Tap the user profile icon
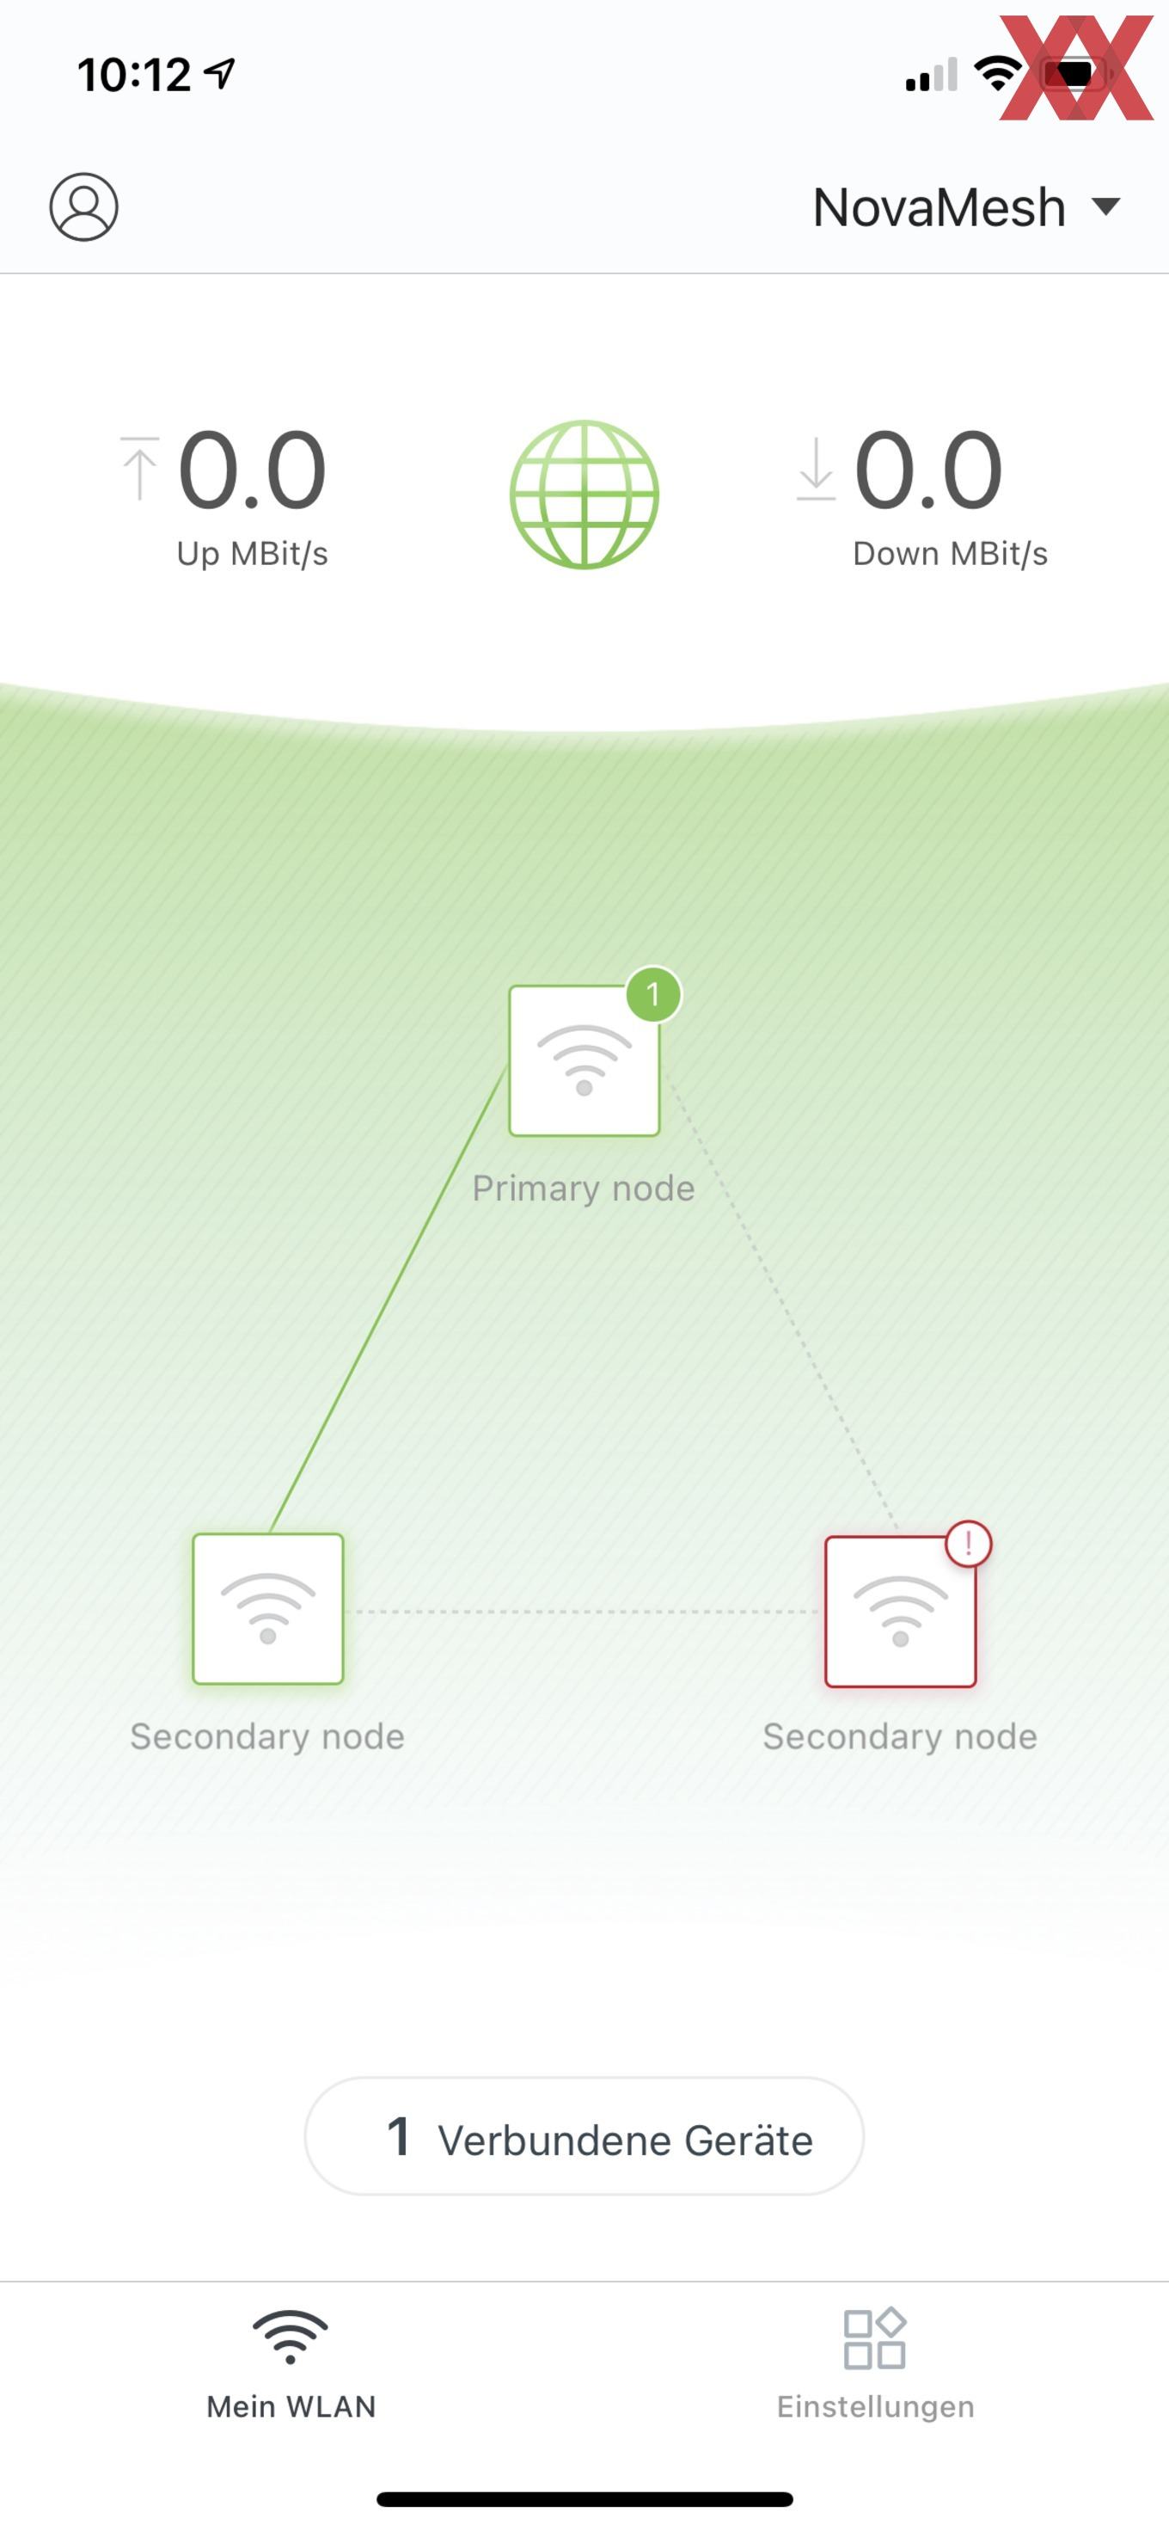click(x=83, y=206)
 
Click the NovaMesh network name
click(x=939, y=207)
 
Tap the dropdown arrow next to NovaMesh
click(x=1106, y=206)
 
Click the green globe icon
click(x=584, y=495)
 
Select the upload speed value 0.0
click(x=252, y=470)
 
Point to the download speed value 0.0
click(x=928, y=470)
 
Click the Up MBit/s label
click(x=253, y=553)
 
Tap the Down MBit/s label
click(x=950, y=553)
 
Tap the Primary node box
click(x=584, y=1061)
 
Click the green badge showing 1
click(x=653, y=994)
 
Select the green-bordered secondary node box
click(x=268, y=1609)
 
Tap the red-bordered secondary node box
click(x=900, y=1612)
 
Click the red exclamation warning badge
click(x=969, y=1544)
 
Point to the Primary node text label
click(x=584, y=1188)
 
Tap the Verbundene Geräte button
click(x=584, y=2136)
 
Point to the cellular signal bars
click(x=931, y=75)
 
